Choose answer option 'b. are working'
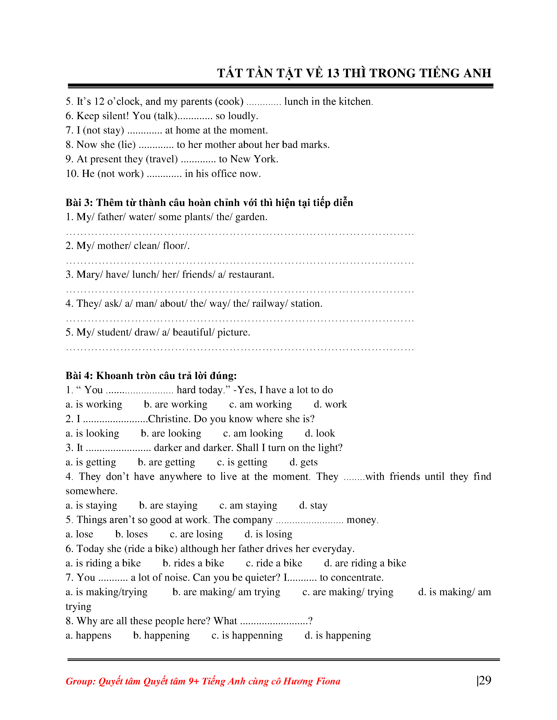click(x=176, y=405)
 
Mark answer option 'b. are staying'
click(x=168, y=505)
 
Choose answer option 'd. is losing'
click(x=268, y=534)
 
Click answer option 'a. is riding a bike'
click(x=103, y=563)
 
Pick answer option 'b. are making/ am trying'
click(x=226, y=592)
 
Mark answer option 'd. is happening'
click(x=337, y=635)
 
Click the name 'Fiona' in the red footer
click(x=328, y=681)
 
